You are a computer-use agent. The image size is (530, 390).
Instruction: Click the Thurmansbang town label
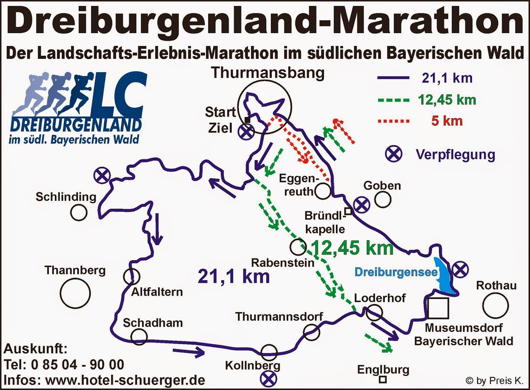click(268, 73)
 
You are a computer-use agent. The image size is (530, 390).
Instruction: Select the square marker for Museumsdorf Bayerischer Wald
click(438, 308)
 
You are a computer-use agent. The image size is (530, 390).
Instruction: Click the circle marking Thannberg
click(75, 293)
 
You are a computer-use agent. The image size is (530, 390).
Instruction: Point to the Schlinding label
click(66, 197)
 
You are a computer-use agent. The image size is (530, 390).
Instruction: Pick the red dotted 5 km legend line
click(394, 121)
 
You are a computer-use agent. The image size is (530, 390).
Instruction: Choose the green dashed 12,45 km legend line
click(394, 100)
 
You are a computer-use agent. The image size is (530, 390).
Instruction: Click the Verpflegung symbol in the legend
click(394, 154)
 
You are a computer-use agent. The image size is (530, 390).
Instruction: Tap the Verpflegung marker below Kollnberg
click(268, 379)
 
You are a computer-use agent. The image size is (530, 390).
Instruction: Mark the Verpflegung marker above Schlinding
click(102, 175)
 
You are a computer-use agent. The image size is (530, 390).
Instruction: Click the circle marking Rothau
click(495, 306)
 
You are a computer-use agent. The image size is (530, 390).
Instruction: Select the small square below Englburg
click(383, 379)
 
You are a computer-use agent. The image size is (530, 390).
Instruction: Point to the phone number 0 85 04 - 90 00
click(78, 365)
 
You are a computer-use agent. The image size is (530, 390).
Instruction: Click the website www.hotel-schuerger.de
click(125, 380)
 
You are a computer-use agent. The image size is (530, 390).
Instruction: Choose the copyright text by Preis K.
click(495, 381)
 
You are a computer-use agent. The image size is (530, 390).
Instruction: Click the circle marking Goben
click(383, 200)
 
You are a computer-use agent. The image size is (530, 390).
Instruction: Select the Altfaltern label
click(157, 292)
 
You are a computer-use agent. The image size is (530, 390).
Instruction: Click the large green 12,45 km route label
click(352, 248)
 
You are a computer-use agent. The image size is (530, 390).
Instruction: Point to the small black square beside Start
click(247, 120)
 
